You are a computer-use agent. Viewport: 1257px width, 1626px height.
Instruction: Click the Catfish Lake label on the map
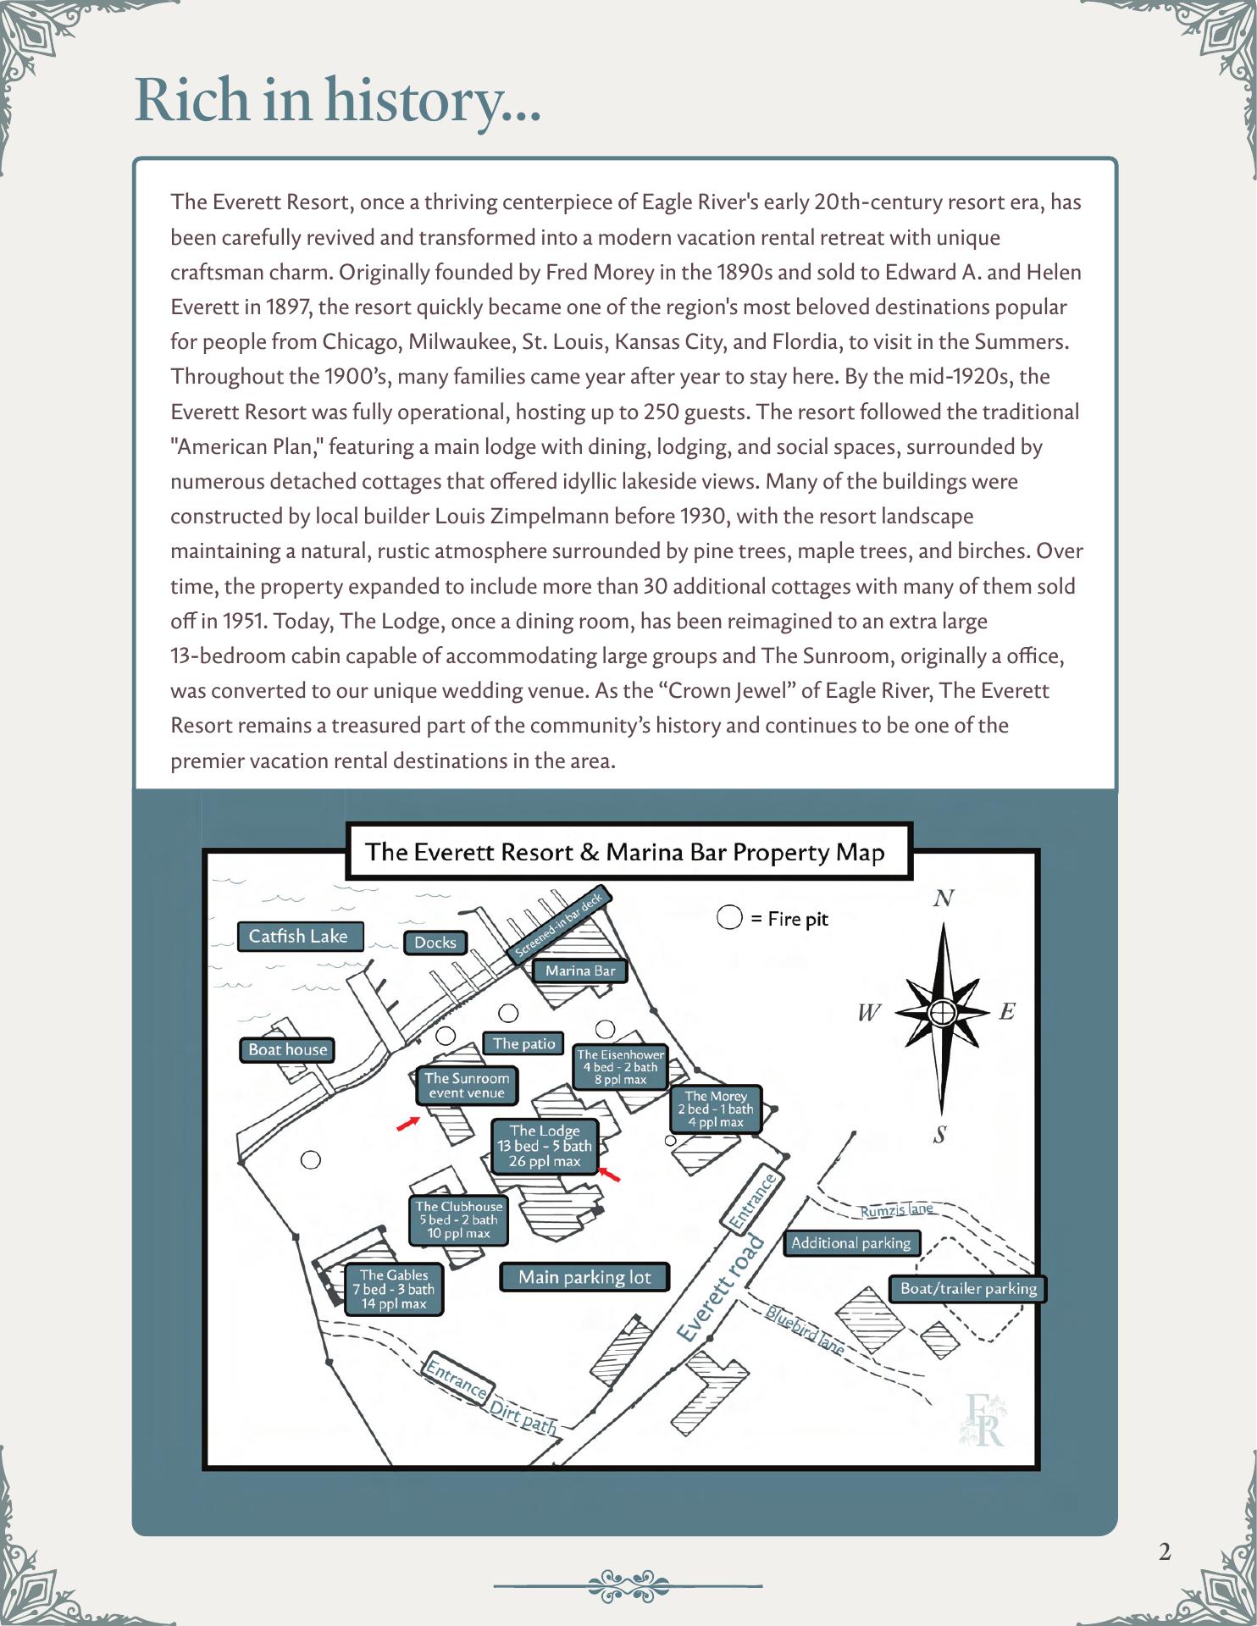(298, 936)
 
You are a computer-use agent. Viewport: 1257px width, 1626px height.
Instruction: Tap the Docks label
(435, 943)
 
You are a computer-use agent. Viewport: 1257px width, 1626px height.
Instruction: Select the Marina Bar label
(580, 971)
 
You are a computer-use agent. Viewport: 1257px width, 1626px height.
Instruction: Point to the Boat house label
(287, 1049)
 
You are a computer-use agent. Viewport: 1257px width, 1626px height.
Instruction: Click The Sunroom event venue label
(467, 1086)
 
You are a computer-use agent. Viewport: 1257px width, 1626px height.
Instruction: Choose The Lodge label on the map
(545, 1146)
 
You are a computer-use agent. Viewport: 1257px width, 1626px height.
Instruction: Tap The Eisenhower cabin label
(620, 1067)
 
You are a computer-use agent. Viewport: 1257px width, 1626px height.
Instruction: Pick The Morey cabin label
(716, 1109)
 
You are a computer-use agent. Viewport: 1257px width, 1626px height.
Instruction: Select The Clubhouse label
(458, 1219)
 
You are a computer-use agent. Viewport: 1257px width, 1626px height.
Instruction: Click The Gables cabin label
(394, 1289)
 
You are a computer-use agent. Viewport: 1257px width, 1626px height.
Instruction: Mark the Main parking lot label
(584, 1277)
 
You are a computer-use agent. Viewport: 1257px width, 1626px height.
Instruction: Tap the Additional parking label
(850, 1243)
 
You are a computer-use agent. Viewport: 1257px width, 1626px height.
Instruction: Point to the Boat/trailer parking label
(968, 1288)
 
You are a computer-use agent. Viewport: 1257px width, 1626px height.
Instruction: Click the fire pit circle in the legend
(729, 918)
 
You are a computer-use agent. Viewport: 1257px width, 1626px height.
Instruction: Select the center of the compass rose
(943, 1012)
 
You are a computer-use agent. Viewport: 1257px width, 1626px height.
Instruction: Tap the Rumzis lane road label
(896, 1210)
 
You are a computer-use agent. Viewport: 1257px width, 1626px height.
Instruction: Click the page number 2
(1165, 1552)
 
